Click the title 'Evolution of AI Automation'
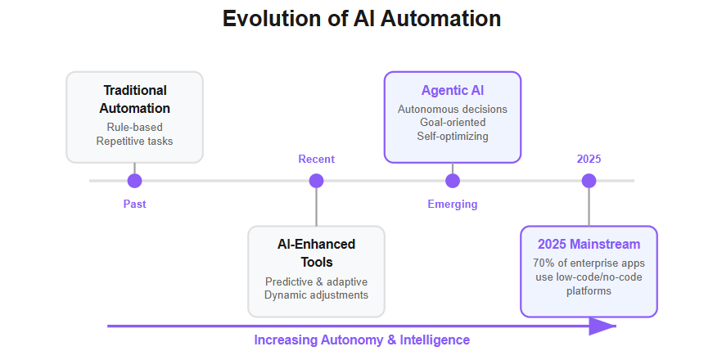362,19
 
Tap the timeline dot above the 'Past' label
134,181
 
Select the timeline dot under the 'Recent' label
316,181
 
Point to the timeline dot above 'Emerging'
453,181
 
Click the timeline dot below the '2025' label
589,181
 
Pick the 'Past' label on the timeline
134,204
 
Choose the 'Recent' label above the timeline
316,160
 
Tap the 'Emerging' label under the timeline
453,205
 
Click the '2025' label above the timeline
589,159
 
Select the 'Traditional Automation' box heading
134,99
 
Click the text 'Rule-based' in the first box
134,127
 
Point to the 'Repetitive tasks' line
134,141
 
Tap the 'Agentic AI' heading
453,91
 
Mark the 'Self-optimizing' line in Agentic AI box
453,137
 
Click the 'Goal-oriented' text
453,123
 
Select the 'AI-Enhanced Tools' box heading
316,253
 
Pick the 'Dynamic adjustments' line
316,295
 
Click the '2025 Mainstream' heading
589,244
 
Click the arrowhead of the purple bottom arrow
602,326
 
